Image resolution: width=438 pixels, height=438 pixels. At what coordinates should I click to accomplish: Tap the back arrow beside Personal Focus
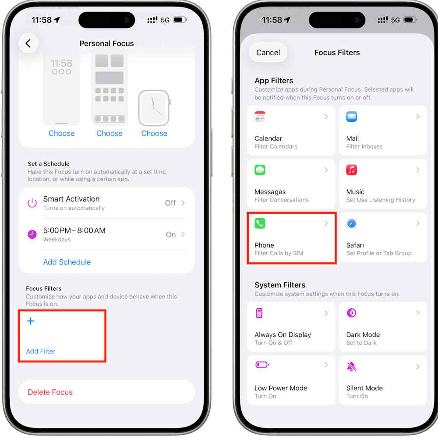pyautogui.click(x=28, y=43)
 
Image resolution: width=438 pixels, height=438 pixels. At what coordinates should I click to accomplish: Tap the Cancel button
pyautogui.click(x=268, y=53)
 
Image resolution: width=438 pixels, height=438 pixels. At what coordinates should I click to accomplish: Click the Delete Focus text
pyautogui.click(x=50, y=392)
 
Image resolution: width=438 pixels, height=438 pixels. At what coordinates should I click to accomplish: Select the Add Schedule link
pyautogui.click(x=67, y=262)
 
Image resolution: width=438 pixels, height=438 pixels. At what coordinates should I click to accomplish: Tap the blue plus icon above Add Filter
pyautogui.click(x=31, y=321)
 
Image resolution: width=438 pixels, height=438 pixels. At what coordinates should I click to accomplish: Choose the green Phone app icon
pyautogui.click(x=260, y=223)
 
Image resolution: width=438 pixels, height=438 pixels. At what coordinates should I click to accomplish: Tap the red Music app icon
pyautogui.click(x=351, y=170)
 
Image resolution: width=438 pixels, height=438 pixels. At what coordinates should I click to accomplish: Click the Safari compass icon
pyautogui.click(x=351, y=223)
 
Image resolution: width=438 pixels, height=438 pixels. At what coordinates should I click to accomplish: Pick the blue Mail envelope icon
pyautogui.click(x=351, y=117)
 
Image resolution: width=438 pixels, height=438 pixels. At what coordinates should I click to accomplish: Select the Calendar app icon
pyautogui.click(x=260, y=117)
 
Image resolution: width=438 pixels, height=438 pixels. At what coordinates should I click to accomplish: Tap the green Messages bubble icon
pyautogui.click(x=260, y=170)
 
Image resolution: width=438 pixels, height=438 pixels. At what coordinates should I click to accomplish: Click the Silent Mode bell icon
pyautogui.click(x=351, y=367)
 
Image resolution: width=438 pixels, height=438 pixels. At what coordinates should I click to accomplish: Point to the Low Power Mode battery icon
pyautogui.click(x=262, y=364)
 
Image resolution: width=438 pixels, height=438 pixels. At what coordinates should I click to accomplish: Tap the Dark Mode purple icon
pyautogui.click(x=351, y=313)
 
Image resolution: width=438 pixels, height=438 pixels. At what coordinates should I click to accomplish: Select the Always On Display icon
pyautogui.click(x=259, y=313)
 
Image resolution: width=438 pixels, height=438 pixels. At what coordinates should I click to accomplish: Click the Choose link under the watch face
pyautogui.click(x=154, y=133)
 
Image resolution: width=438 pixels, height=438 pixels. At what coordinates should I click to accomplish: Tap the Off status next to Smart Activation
pyautogui.click(x=170, y=203)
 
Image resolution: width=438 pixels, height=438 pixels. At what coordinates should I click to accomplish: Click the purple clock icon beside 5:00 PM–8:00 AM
pyautogui.click(x=32, y=234)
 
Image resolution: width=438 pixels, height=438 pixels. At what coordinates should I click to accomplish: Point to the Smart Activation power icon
pyautogui.click(x=32, y=203)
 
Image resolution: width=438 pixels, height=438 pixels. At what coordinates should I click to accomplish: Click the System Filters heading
pyautogui.click(x=280, y=285)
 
